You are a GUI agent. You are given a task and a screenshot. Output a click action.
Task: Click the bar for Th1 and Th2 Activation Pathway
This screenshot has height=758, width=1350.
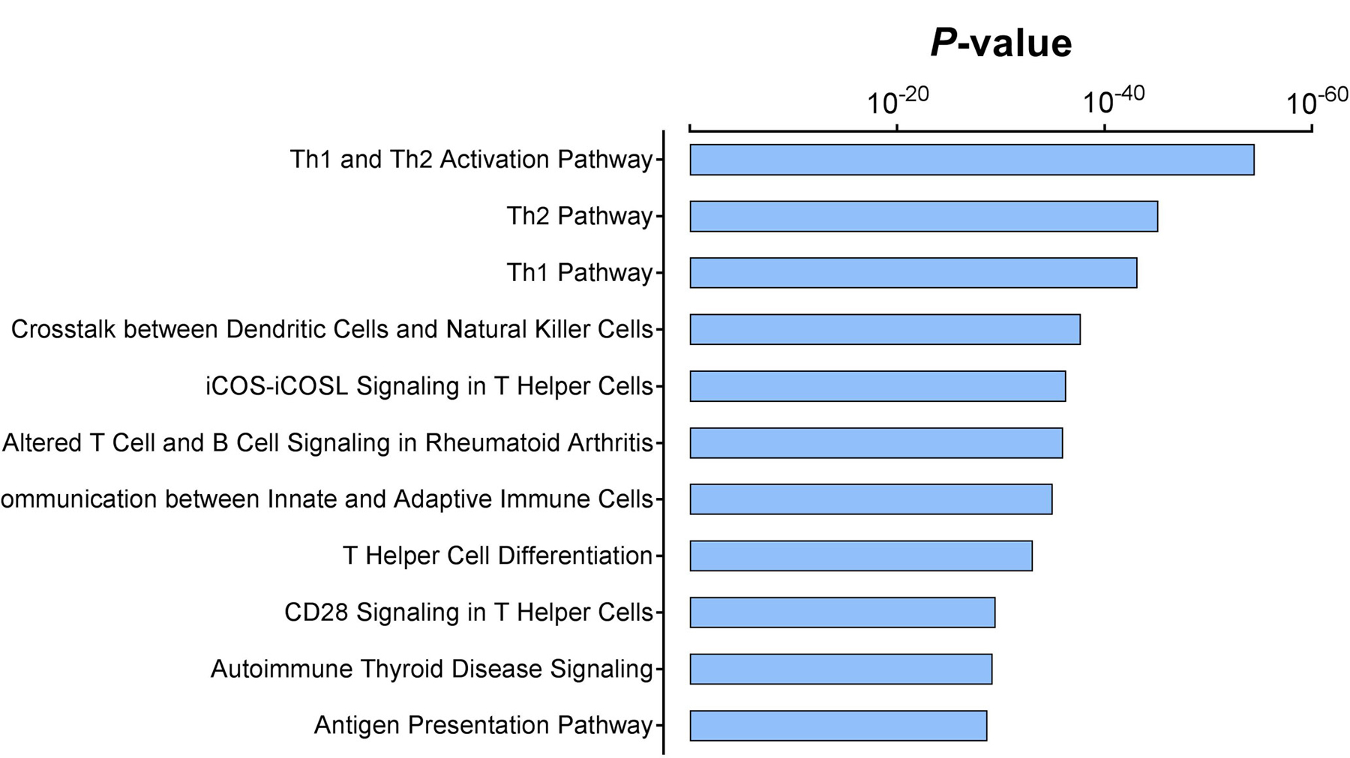click(x=972, y=160)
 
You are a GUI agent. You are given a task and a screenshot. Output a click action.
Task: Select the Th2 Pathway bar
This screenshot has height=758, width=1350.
click(x=924, y=216)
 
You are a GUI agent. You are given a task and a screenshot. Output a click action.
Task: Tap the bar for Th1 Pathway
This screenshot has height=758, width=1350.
click(x=913, y=273)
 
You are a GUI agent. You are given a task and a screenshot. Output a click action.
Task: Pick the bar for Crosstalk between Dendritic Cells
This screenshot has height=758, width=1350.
click(x=885, y=329)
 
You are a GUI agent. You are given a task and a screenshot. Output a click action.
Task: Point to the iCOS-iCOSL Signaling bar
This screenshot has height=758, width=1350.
click(x=877, y=386)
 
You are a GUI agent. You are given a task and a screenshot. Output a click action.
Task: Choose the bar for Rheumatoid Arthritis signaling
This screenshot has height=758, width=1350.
click(x=876, y=442)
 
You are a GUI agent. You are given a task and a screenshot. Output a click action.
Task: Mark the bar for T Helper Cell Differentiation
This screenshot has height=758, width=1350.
click(x=861, y=556)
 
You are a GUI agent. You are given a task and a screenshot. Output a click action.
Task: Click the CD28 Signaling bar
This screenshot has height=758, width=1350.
click(x=842, y=613)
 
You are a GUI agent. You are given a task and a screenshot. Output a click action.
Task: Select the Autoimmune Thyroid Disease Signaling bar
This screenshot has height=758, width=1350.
click(x=841, y=669)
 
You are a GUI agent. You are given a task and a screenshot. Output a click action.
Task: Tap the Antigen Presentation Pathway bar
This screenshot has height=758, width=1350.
click(x=838, y=726)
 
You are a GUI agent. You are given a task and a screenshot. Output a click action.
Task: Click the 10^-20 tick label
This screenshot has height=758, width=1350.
click(x=898, y=100)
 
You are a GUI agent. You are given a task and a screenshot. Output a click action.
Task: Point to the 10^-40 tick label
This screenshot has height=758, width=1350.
click(x=1114, y=100)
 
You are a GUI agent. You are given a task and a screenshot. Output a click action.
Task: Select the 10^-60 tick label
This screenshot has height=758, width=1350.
click(x=1318, y=100)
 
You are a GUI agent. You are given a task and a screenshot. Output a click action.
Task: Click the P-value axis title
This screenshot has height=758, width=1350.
click(x=1001, y=43)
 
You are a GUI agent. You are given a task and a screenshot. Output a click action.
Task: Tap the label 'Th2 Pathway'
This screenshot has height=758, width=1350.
click(x=580, y=216)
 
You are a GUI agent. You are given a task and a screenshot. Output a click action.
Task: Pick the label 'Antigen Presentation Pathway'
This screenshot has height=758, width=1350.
click(x=483, y=725)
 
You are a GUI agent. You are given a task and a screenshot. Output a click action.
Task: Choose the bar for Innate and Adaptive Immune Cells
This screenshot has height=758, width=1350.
click(x=871, y=499)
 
